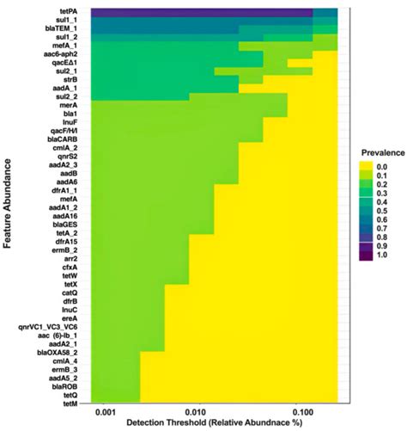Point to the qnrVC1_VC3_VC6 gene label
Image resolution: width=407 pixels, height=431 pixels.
point(53,325)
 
